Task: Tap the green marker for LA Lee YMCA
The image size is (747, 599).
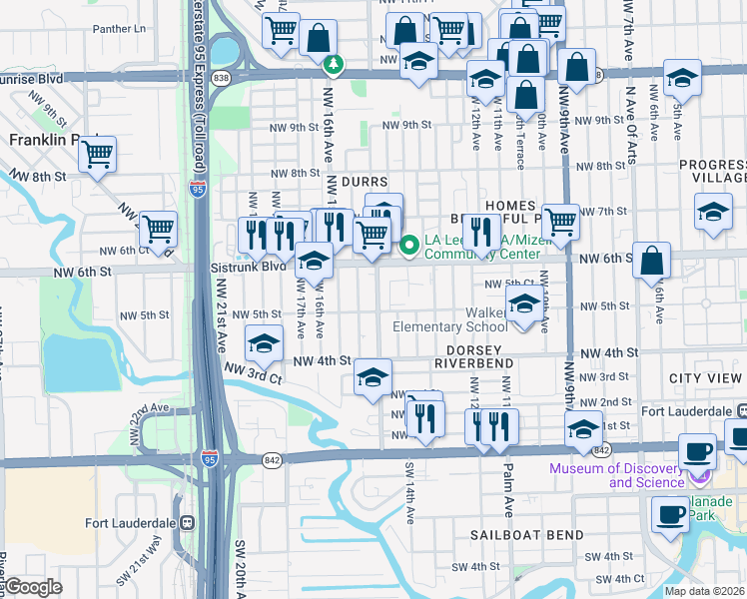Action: [x=408, y=244]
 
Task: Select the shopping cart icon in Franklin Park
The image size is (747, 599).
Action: [x=98, y=154]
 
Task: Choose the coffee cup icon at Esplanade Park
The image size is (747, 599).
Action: [x=669, y=514]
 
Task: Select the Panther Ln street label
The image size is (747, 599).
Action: [x=119, y=30]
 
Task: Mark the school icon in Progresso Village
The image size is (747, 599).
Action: [x=712, y=212]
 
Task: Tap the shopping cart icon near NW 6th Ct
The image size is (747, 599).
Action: [x=158, y=229]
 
